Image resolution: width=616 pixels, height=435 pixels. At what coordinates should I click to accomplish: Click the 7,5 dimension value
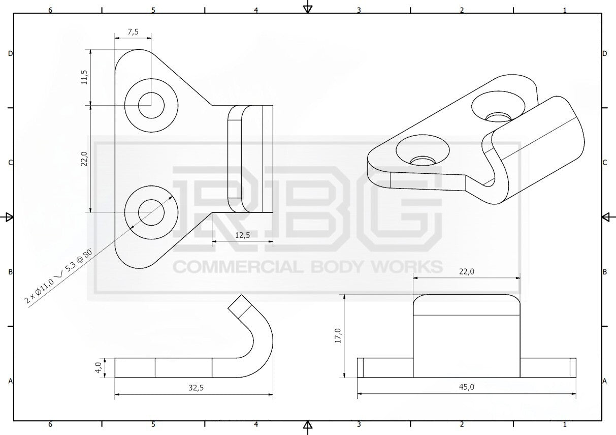[133, 32]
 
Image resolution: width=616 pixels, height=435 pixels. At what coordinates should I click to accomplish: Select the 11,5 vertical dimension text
[84, 77]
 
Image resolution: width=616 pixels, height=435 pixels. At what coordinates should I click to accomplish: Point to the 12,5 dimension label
[243, 235]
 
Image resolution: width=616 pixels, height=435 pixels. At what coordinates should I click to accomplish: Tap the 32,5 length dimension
[196, 388]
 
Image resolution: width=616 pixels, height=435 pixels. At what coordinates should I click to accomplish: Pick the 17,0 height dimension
[338, 336]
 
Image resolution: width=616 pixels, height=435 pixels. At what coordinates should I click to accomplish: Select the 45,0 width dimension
[467, 387]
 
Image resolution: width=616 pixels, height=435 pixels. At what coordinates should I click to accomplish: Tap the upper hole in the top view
[151, 105]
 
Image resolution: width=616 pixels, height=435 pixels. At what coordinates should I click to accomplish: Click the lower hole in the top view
[151, 212]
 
